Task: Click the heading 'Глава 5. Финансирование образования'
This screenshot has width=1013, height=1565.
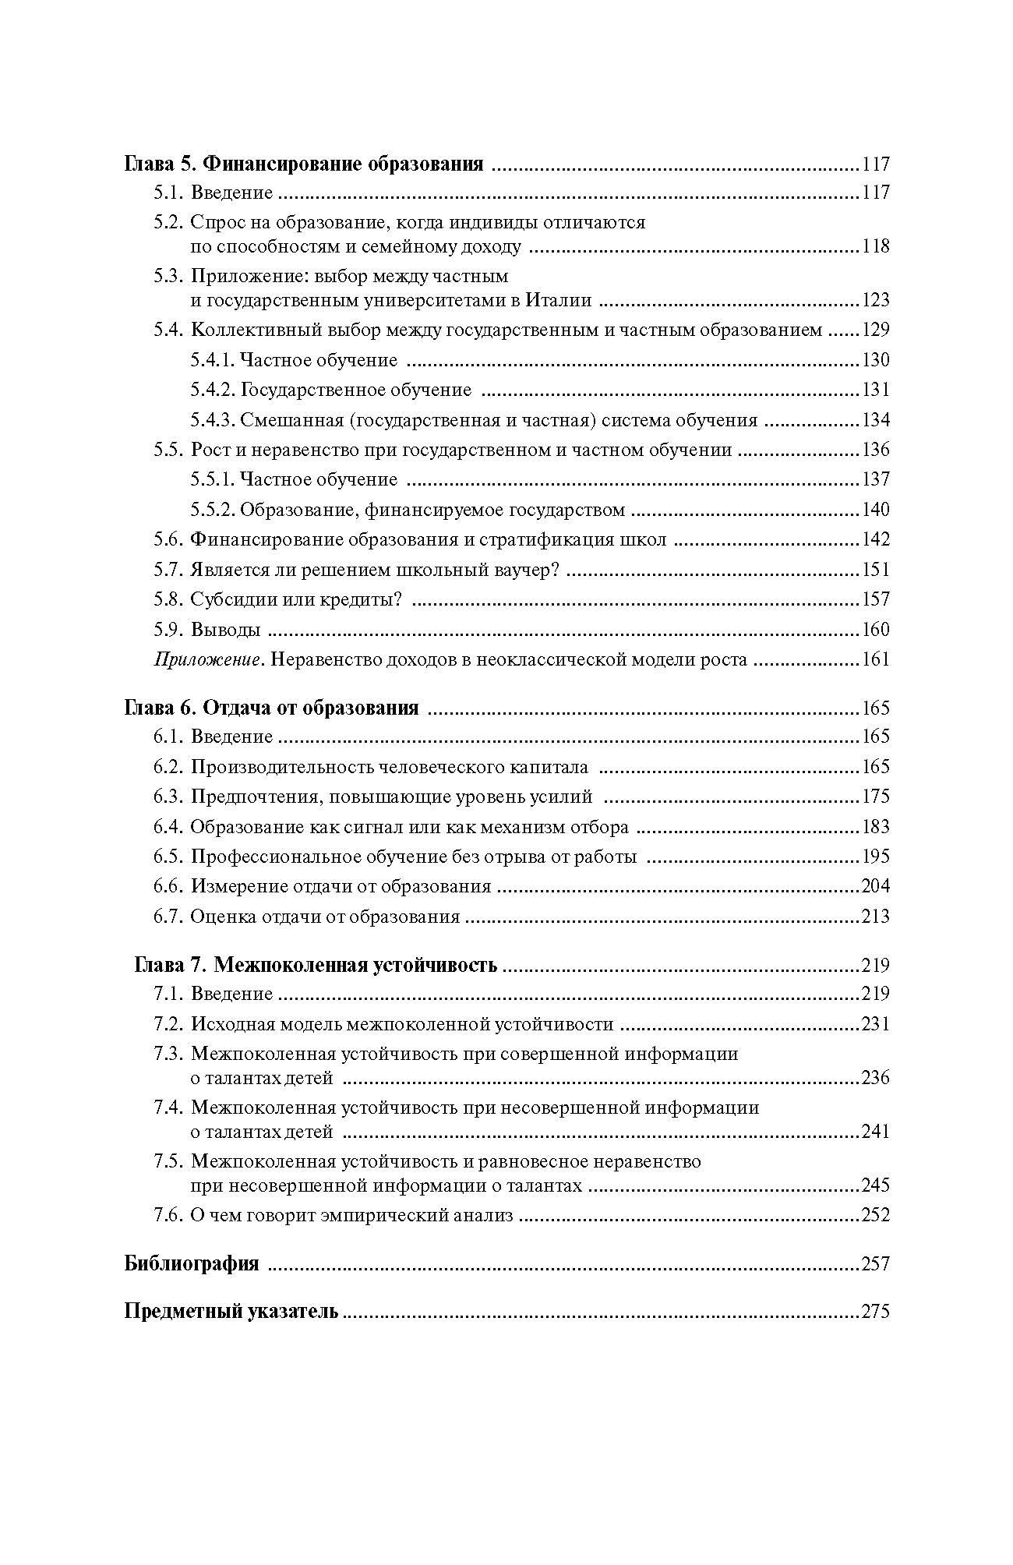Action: [x=304, y=164]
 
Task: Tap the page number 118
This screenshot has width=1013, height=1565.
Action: [x=875, y=247]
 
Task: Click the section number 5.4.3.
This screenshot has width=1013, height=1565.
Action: [x=212, y=421]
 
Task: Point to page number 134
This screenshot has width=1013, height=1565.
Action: [x=875, y=421]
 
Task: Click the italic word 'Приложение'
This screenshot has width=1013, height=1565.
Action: [x=206, y=660]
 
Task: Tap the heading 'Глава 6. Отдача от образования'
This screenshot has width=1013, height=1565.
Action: [x=272, y=708]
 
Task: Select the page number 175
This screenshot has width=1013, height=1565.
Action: [x=875, y=797]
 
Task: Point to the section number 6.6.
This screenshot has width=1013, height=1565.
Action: [x=168, y=887]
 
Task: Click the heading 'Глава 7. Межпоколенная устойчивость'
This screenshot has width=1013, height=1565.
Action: [x=316, y=966]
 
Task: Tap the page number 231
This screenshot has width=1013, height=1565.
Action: [x=875, y=1025]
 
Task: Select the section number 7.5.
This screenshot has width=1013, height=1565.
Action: [x=168, y=1162]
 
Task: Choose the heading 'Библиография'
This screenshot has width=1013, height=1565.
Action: [x=192, y=1264]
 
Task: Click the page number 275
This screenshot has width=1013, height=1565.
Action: [x=875, y=1312]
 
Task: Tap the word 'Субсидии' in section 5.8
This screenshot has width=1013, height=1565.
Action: [x=228, y=600]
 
